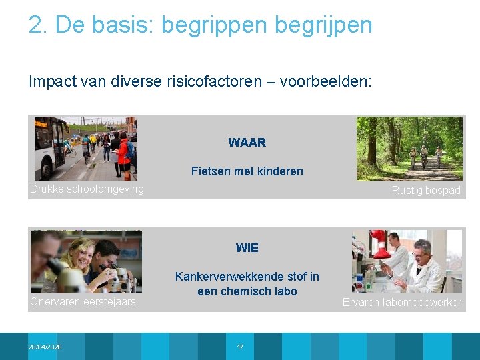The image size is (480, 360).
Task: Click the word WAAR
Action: click(247, 143)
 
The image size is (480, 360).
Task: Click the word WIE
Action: click(247, 248)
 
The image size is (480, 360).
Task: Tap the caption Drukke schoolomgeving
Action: click(87, 189)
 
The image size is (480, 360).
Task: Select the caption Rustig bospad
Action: click(426, 191)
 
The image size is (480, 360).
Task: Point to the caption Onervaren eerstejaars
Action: click(83, 302)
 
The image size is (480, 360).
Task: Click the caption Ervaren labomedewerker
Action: click(401, 303)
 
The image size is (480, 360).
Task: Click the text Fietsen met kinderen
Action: click(247, 171)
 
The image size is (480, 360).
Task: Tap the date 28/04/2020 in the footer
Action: click(45, 347)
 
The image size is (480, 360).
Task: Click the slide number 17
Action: click(240, 347)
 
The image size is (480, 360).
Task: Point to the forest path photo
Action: click(409, 149)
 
